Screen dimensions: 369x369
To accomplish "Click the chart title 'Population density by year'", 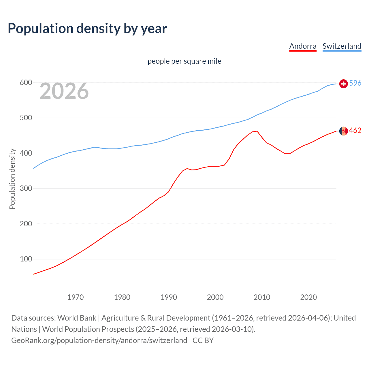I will click(x=87, y=29).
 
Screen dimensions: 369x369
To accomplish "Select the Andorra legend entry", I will click(x=303, y=46).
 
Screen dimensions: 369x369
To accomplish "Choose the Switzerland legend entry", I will click(x=342, y=46).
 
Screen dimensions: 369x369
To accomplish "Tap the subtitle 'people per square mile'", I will click(x=184, y=61).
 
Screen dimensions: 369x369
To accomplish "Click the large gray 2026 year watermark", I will click(x=64, y=91).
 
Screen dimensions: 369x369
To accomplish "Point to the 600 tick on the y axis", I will click(x=26, y=83).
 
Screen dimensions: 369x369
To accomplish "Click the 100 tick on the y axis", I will click(x=26, y=259).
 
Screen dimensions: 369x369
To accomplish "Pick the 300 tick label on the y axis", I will click(x=26, y=189).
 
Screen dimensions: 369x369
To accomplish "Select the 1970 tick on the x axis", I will click(x=76, y=297).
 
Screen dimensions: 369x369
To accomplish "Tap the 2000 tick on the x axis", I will click(x=215, y=297).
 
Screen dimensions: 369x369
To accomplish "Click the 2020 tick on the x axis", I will click(x=308, y=297).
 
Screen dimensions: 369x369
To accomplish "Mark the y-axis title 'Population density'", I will click(x=12, y=179).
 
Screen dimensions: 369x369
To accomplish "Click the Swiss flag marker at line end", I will click(x=343, y=84).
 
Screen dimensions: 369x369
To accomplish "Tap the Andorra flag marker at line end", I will click(x=343, y=131).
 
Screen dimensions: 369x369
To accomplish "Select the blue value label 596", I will click(x=355, y=83).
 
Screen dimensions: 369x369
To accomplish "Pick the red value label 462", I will click(x=355, y=131).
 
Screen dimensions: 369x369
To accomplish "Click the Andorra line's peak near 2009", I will click(x=257, y=131).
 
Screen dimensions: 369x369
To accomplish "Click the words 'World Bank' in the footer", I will click(x=77, y=318).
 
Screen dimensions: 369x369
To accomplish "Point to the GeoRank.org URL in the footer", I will click(x=99, y=340).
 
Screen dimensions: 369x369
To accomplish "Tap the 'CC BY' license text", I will click(x=203, y=340).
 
